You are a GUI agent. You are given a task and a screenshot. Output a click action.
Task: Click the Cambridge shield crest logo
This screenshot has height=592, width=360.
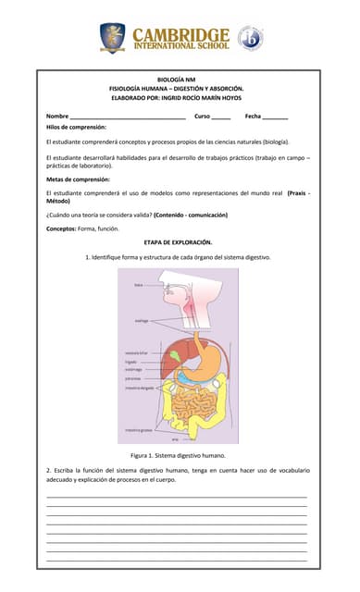(x=112, y=37)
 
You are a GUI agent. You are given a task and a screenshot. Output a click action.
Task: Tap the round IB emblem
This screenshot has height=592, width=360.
(x=250, y=38)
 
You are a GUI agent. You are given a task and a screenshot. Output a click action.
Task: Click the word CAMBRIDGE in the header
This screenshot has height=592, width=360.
(x=181, y=33)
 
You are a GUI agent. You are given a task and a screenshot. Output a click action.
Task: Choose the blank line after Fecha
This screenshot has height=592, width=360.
(x=275, y=117)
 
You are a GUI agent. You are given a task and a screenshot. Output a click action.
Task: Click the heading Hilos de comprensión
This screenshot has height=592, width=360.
(x=76, y=126)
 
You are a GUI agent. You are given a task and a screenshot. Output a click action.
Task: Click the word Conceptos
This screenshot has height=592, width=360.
(x=60, y=228)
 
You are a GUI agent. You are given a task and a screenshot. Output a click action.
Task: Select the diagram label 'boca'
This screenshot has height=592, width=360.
(x=138, y=285)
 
